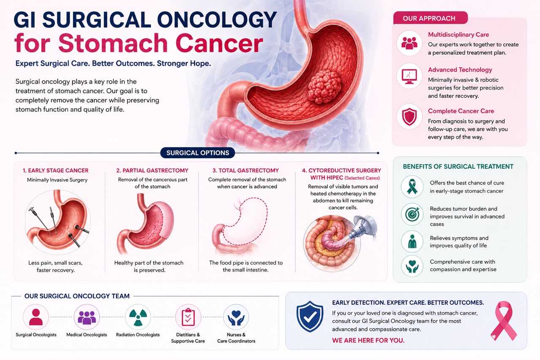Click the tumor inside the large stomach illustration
coord(324,87)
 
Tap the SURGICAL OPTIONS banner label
coord(198,153)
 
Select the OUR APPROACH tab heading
coord(429,18)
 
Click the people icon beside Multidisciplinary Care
coord(409,43)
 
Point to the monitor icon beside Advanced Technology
coord(409,76)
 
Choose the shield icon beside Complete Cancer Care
coord(409,117)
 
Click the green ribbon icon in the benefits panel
coord(412,187)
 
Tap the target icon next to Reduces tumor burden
coord(412,214)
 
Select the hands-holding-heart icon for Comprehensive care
coord(412,266)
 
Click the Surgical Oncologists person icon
coord(36,317)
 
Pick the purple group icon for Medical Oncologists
coord(87,317)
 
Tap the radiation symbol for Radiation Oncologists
coord(138,317)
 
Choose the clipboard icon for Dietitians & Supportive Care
coord(188,317)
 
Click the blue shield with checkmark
coord(310,317)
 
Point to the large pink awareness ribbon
coord(503,321)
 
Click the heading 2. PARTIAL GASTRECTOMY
coord(152,171)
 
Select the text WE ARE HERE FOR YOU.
coord(368,340)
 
